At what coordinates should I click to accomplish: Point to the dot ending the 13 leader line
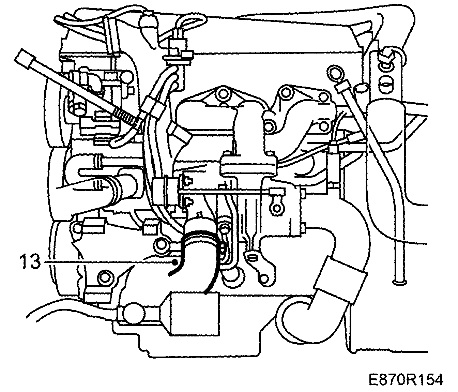pos(175,262)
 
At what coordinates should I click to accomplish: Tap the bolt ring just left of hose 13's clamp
pos(161,244)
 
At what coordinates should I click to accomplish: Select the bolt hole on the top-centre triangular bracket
pos(223,93)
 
